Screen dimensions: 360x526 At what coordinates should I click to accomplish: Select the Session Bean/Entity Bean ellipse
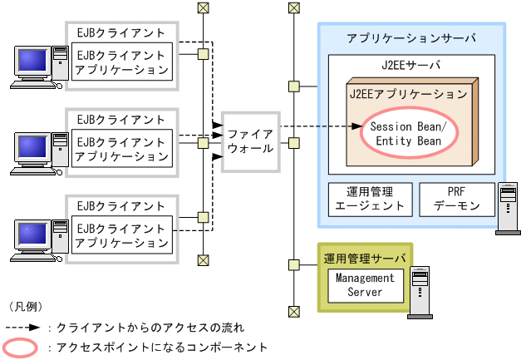(407, 134)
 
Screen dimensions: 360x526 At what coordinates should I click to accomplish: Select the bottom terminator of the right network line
(292, 311)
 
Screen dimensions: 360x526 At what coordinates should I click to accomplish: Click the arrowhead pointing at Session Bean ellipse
(352, 126)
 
